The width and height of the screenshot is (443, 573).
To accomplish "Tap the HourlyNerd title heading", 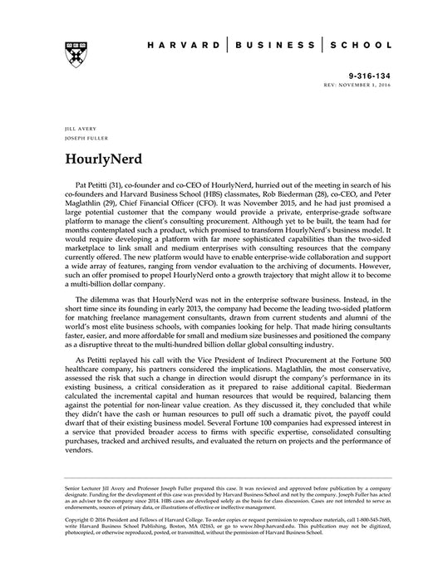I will click(98, 156).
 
